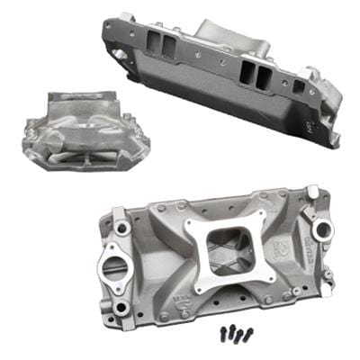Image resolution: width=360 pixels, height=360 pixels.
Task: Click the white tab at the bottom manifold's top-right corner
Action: coord(313,192)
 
